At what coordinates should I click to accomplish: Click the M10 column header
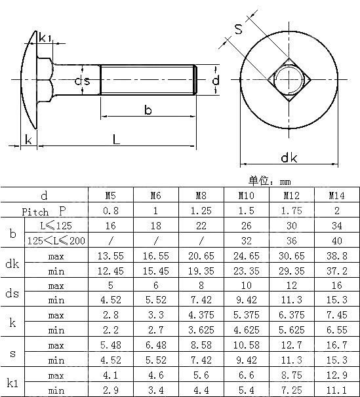pyautogui.click(x=247, y=195)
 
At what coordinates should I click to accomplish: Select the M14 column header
pyautogui.click(x=336, y=195)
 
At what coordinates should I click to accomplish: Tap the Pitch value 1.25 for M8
pyautogui.click(x=201, y=211)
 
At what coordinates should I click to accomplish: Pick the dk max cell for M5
pyautogui.click(x=111, y=255)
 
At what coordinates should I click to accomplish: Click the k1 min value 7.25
pyautogui.click(x=292, y=390)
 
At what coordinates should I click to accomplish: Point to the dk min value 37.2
pyautogui.click(x=336, y=271)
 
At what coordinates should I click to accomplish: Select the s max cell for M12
pyautogui.click(x=292, y=345)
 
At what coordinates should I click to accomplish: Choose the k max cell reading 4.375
pyautogui.click(x=201, y=314)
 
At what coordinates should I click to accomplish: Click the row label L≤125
pyautogui.click(x=56, y=225)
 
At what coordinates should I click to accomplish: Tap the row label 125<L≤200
pyautogui.click(x=56, y=240)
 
